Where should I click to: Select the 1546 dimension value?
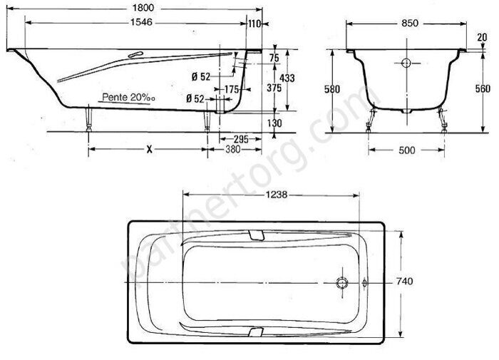pyautogui.click(x=144, y=23)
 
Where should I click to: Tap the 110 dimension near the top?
pyautogui.click(x=254, y=23)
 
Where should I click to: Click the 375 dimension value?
pyautogui.click(x=272, y=88)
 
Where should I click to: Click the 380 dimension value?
pyautogui.click(x=231, y=150)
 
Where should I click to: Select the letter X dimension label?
pyautogui.click(x=148, y=150)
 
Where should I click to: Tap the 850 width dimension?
pyautogui.click(x=409, y=23)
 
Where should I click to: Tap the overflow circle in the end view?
pyautogui.click(x=407, y=63)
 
